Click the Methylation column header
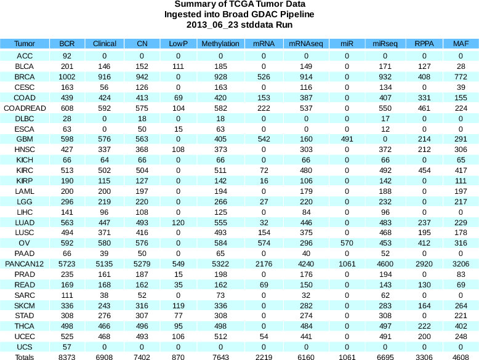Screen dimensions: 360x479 pos(220,44)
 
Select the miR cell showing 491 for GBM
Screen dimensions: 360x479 pos(347,140)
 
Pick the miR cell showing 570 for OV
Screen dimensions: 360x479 pos(347,243)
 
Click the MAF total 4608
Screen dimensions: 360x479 pos(459,357)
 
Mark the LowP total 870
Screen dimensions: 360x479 pos(178,357)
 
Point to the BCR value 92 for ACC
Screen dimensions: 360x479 pos(67,55)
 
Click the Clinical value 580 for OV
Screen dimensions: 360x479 pos(105,243)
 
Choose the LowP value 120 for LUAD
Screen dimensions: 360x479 pos(178,223)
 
